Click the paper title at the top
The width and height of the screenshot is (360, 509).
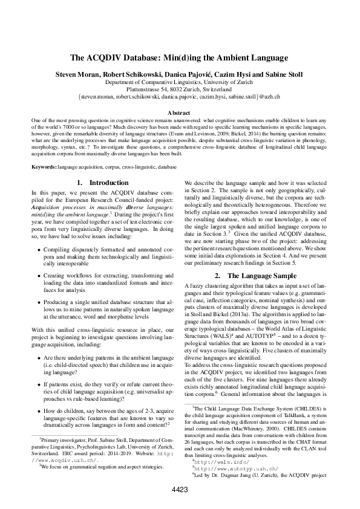click(x=179, y=58)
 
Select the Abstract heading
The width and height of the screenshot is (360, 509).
click(x=179, y=112)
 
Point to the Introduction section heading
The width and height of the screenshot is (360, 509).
click(x=103, y=183)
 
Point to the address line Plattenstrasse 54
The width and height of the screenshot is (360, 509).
click(x=179, y=89)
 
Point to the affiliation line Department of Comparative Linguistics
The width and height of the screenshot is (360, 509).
click(x=179, y=82)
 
